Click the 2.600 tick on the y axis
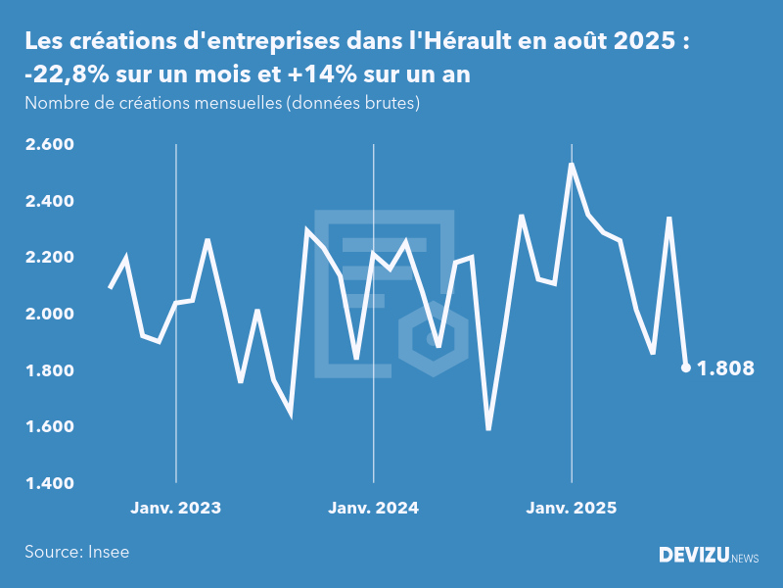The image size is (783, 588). pyautogui.click(x=49, y=145)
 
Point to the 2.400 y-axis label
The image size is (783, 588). pyautogui.click(x=49, y=202)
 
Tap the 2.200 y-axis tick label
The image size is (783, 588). pyautogui.click(x=49, y=258)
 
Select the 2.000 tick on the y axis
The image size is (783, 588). pyautogui.click(x=49, y=315)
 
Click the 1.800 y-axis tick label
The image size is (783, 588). pyautogui.click(x=49, y=370)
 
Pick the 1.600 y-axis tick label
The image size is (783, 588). pyautogui.click(x=49, y=427)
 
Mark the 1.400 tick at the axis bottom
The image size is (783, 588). pyautogui.click(x=49, y=483)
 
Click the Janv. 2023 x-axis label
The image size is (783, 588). pyautogui.click(x=176, y=508)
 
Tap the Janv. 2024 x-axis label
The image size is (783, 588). pyautogui.click(x=373, y=508)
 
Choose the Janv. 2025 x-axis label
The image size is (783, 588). pyautogui.click(x=572, y=508)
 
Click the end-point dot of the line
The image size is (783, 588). pyautogui.click(x=686, y=368)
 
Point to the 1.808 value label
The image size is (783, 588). pyautogui.click(x=725, y=369)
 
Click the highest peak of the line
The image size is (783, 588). pyautogui.click(x=571, y=164)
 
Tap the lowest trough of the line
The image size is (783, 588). pyautogui.click(x=488, y=429)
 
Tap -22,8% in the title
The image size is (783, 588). pyautogui.click(x=62, y=76)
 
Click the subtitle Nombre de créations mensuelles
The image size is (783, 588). pyautogui.click(x=152, y=103)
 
